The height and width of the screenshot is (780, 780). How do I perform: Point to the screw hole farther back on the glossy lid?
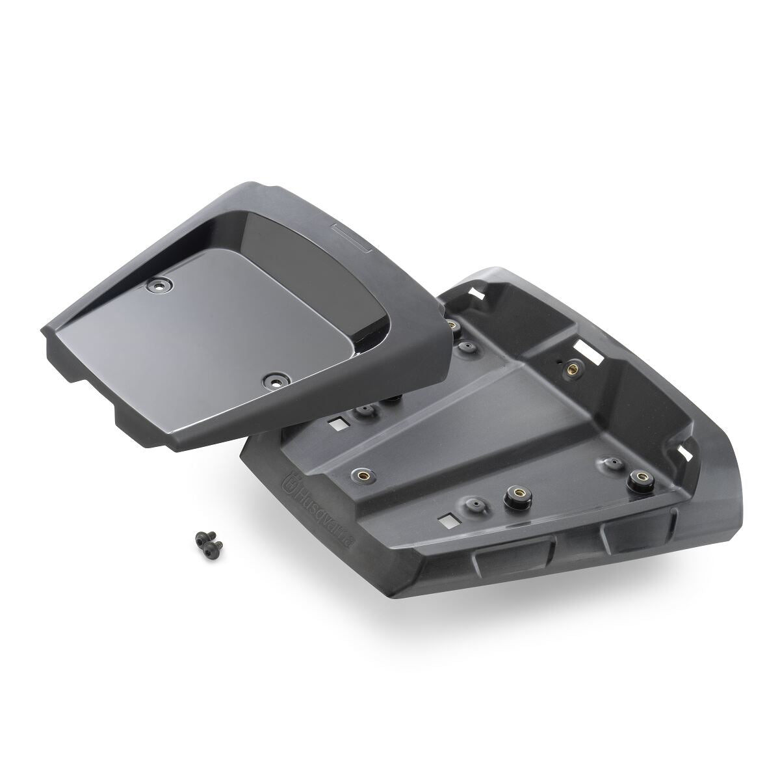(159, 285)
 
